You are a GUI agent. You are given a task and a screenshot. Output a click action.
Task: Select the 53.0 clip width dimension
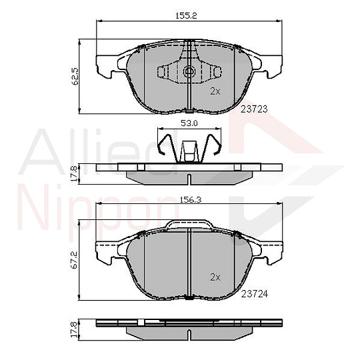pos(189,123)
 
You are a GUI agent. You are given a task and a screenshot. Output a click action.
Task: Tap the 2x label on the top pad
pos(215,91)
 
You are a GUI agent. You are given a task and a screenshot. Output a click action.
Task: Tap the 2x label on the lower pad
pos(215,276)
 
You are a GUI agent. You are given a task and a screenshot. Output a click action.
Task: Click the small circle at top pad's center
pos(189,73)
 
